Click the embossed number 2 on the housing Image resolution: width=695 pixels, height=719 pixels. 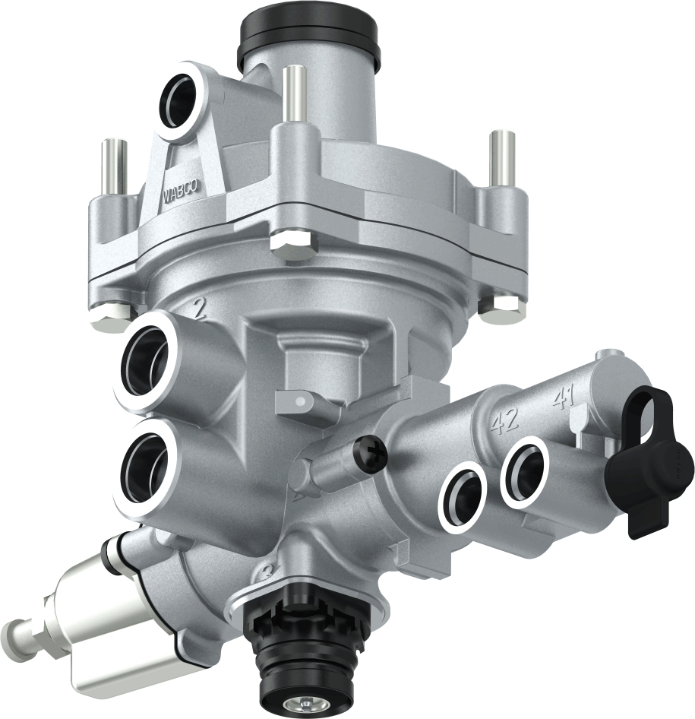pos(199,308)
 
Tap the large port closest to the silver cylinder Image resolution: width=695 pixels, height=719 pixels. pos(145,464)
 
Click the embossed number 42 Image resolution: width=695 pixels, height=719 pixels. pos(503,421)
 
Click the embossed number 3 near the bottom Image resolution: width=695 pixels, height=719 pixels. pos(266,574)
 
